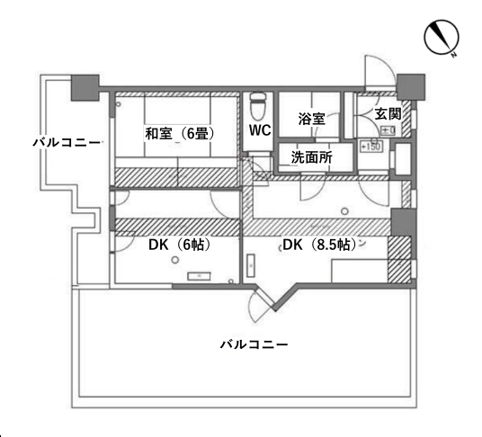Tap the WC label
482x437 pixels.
click(260, 129)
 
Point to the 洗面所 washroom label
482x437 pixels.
click(311, 156)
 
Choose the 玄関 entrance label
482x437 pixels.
click(388, 114)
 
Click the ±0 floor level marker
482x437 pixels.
click(387, 131)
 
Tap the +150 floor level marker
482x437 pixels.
click(369, 146)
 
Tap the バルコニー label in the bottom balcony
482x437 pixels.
click(254, 344)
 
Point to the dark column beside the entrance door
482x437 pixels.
click(410, 87)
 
